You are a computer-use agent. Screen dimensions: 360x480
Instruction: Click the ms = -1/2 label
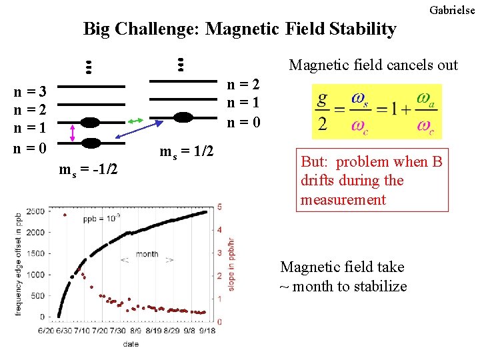[x=88, y=170]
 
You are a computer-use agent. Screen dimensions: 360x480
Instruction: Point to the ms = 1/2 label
[x=186, y=152]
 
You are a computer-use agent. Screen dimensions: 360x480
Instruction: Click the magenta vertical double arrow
[x=73, y=132]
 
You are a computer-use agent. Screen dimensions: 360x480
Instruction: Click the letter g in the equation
[x=323, y=99]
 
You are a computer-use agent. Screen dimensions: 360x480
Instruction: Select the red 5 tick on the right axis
[x=219, y=207]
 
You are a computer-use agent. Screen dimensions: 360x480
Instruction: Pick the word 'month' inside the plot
[x=147, y=254]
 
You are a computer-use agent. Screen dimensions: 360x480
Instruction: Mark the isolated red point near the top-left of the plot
[x=65, y=215]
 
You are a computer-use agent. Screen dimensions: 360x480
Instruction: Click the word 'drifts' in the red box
[x=320, y=181]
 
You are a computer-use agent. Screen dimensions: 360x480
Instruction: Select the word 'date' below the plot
[x=131, y=344]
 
